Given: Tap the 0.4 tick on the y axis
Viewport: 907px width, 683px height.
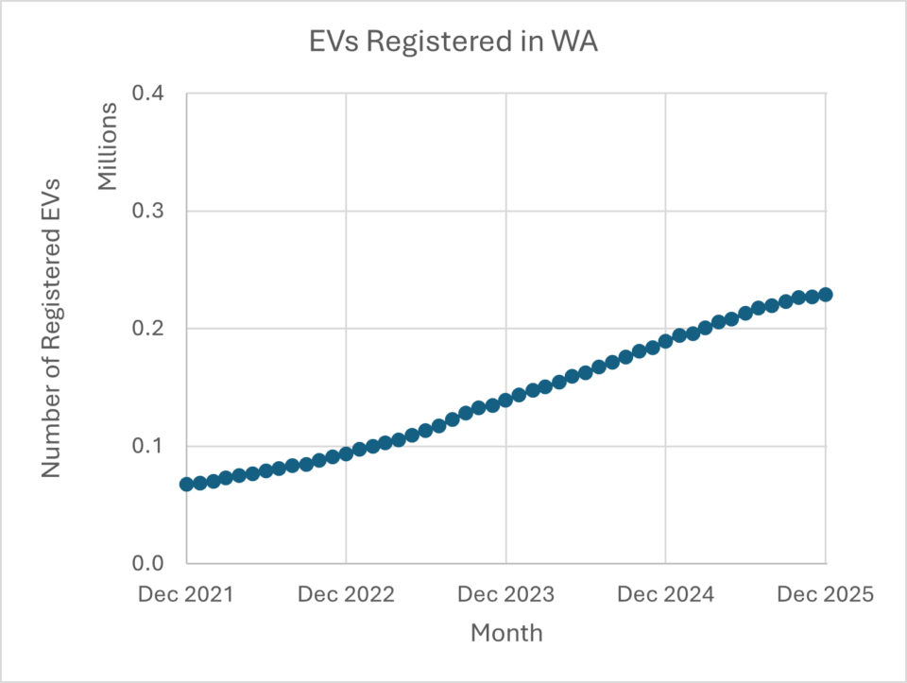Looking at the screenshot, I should (152, 94).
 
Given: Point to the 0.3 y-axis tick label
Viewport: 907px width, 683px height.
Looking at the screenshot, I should (152, 211).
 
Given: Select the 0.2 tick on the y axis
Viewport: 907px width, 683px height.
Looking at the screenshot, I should (152, 329).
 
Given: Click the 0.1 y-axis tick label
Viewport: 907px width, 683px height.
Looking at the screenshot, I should (152, 446).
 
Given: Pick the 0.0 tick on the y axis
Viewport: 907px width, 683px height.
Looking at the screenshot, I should (152, 564).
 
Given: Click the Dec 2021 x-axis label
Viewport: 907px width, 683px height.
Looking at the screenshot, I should (186, 595).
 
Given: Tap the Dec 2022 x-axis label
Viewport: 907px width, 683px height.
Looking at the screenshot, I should (346, 595).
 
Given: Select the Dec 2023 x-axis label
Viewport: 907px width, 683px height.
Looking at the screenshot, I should (506, 595).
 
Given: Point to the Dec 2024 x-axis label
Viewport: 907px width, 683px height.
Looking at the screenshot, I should (666, 595).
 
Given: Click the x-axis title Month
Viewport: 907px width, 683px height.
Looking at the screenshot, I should (506, 632).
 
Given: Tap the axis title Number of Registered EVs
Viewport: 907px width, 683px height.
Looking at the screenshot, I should (52, 328).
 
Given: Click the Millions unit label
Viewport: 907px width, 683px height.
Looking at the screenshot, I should (110, 145).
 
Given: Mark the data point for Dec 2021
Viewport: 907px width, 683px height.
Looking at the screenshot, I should (186, 484).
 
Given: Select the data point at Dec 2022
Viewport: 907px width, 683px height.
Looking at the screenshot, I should (346, 453).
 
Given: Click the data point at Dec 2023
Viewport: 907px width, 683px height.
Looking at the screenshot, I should (506, 400).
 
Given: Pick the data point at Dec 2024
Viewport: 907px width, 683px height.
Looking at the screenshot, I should (666, 341).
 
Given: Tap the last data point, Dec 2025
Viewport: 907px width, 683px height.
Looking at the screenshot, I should (826, 295).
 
